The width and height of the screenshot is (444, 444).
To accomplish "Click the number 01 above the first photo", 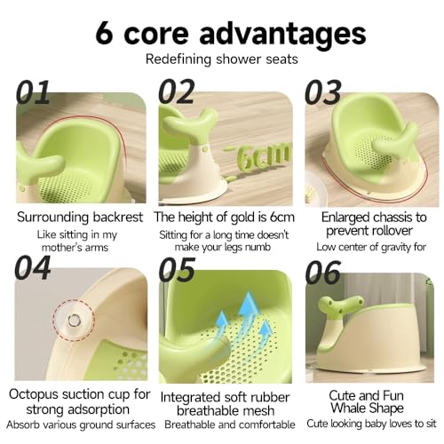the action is [33, 92].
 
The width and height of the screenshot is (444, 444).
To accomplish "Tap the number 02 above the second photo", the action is [177, 91].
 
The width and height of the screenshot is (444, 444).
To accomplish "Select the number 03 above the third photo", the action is [323, 92].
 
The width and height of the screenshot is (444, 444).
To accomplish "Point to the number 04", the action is [33, 268].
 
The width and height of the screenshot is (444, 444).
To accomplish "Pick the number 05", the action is [177, 269].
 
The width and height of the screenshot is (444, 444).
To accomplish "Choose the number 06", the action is [323, 272].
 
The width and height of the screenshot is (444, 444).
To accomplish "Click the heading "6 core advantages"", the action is [231, 34].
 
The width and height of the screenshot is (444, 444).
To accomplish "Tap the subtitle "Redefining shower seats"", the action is [221, 59].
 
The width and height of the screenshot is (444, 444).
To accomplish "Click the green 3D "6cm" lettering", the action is [260, 155].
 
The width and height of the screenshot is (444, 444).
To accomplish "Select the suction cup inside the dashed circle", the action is [73, 320].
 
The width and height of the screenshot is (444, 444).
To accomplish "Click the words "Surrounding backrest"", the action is [80, 218].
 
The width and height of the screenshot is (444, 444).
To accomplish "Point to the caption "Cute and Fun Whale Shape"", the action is [367, 402].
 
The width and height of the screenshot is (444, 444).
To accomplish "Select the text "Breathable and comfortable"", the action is [230, 424].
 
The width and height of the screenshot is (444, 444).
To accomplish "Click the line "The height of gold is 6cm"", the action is [225, 218].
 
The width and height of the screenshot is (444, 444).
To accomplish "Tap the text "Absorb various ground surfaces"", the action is [81, 424].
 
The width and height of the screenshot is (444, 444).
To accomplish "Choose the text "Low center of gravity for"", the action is [371, 247].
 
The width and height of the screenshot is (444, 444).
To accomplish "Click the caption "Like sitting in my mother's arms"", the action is [76, 241].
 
